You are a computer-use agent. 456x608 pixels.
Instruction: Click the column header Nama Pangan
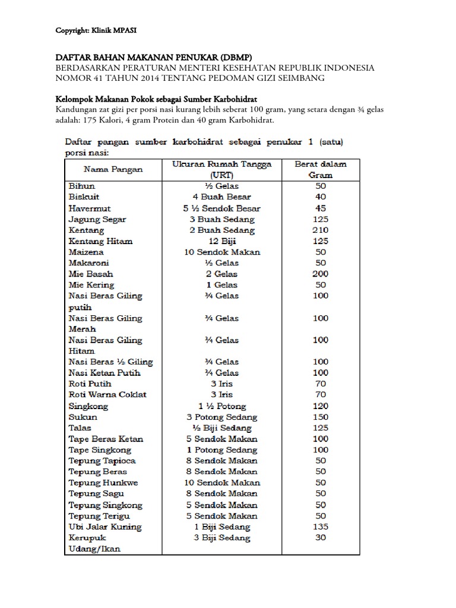point(113,169)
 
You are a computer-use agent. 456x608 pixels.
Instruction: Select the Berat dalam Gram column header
point(321,169)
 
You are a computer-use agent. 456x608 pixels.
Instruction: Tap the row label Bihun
point(82,186)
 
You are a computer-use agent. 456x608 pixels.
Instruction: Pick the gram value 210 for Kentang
point(321,230)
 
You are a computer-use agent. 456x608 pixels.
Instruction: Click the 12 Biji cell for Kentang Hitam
point(221,241)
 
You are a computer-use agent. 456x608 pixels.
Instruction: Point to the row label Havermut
point(90,208)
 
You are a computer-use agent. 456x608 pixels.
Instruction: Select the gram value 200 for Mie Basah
point(321,274)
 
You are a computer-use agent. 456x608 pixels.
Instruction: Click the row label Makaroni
point(89,262)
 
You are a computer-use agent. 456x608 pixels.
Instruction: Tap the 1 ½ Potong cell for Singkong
point(221,406)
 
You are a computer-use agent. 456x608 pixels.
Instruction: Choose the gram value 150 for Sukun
point(321,417)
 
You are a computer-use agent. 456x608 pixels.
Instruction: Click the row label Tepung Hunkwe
point(103,483)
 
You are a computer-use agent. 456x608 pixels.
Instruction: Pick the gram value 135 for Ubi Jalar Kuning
point(321,527)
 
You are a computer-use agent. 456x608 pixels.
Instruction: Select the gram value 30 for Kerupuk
point(321,538)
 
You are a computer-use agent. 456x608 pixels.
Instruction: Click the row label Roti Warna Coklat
point(107,395)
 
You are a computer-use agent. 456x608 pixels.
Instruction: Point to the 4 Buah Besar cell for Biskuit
point(221,197)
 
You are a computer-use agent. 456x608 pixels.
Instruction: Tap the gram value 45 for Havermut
point(321,208)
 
